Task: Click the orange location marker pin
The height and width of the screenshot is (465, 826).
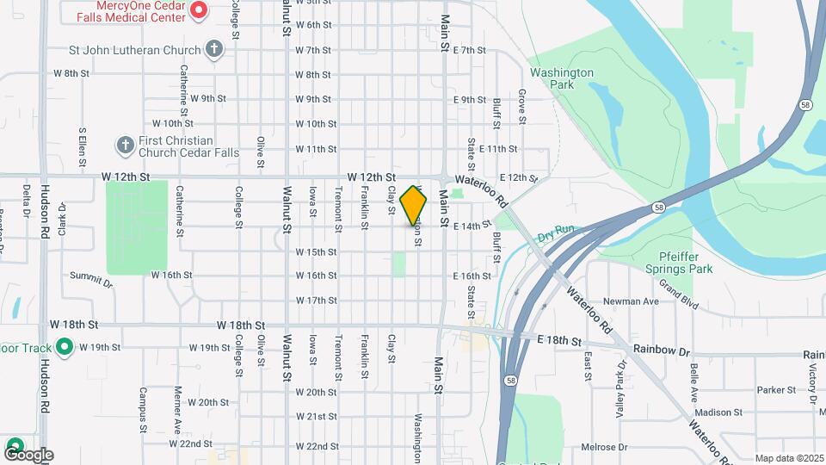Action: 414,205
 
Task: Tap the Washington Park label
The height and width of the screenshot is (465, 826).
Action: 562,79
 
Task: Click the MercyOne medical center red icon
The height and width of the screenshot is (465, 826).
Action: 199,10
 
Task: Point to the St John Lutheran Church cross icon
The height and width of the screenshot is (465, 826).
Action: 215,49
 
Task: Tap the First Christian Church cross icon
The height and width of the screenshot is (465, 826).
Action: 125,144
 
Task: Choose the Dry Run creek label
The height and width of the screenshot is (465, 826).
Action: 555,234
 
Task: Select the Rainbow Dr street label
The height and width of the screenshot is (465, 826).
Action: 662,350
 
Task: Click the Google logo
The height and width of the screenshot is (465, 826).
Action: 28,454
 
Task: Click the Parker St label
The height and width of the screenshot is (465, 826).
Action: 774,390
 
